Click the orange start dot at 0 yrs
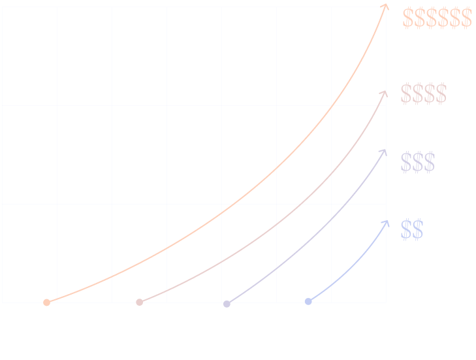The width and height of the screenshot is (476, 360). [46, 303]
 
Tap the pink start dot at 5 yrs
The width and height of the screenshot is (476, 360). [139, 303]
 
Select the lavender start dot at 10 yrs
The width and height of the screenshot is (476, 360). [227, 304]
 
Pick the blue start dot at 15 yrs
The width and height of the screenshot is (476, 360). [308, 302]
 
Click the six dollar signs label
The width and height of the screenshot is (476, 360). [437, 18]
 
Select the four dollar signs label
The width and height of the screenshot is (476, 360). [424, 94]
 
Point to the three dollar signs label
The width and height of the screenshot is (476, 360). [418, 162]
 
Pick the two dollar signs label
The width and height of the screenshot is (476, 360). [412, 230]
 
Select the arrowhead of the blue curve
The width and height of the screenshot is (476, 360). [385, 223]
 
